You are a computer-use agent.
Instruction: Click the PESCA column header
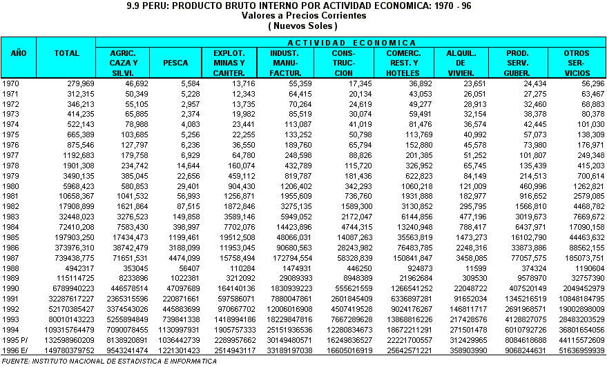click(175, 63)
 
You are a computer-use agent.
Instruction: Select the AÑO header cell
click(18, 53)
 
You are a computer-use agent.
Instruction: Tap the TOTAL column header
click(66, 53)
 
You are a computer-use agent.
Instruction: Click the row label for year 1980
click(11, 186)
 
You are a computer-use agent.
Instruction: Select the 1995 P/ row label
click(16, 340)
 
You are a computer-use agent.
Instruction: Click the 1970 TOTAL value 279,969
click(80, 84)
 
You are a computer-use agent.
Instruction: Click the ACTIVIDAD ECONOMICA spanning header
click(351, 43)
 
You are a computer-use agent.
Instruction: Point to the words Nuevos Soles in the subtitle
click(302, 26)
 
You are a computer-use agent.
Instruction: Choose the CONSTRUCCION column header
click(343, 63)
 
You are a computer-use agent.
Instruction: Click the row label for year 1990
click(11, 288)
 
